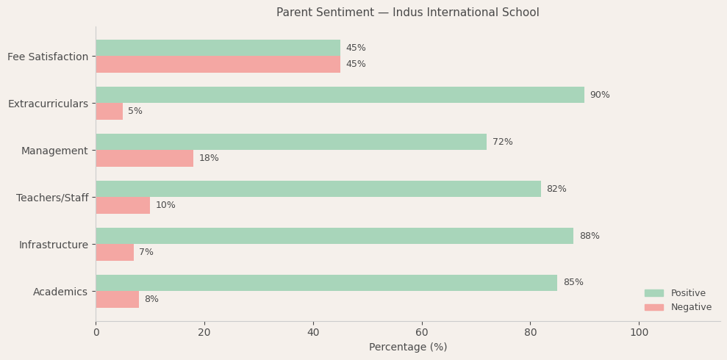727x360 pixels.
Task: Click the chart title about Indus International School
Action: point(407,12)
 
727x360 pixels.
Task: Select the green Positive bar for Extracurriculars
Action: point(340,95)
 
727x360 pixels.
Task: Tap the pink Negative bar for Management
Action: point(144,158)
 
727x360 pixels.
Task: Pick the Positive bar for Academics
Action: point(326,283)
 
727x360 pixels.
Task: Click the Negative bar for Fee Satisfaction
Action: point(218,64)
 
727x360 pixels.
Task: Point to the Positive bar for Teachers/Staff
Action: point(318,189)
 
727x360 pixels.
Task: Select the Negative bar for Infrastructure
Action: point(115,252)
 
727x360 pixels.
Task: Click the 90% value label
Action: point(599,95)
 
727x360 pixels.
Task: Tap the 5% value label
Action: point(135,111)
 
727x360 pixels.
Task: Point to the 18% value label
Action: point(209,158)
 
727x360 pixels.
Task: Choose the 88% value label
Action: point(589,236)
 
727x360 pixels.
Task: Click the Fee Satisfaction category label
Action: point(48,57)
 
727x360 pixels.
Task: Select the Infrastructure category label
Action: point(53,245)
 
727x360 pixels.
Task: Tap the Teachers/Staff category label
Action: point(52,198)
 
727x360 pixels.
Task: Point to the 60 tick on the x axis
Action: point(422,332)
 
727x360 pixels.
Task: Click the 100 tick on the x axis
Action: point(640,332)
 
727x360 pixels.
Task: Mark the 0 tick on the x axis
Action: point(96,332)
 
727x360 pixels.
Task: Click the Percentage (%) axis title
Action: point(407,347)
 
